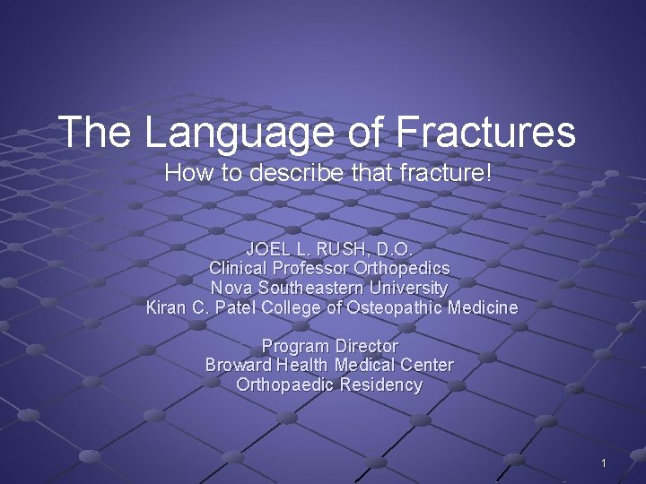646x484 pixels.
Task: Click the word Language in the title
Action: [236, 133]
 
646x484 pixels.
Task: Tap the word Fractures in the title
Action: [485, 132]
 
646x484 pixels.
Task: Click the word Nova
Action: [231, 288]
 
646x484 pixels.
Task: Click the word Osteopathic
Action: [392, 307]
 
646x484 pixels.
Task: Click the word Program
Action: [294, 346]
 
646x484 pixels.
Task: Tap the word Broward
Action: [239, 366]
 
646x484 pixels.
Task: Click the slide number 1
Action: [604, 463]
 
